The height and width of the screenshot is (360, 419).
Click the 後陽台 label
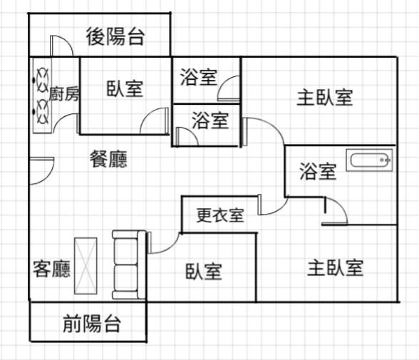click(115, 36)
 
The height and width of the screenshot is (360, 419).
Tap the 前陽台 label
click(92, 324)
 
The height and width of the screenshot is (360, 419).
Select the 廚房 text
click(64, 94)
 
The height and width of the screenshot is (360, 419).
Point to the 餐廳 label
click(108, 159)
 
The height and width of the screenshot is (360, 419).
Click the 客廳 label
click(51, 269)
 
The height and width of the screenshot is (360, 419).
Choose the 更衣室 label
click(220, 215)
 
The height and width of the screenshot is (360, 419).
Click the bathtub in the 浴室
click(370, 160)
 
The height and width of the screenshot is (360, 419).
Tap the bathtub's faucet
click(385, 160)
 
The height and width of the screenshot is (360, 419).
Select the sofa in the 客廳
click(129, 264)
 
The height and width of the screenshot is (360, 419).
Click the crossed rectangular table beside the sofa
click(86, 266)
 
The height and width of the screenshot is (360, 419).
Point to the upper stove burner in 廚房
click(43, 80)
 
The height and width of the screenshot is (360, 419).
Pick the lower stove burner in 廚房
click(43, 112)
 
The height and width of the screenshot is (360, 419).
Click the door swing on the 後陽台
click(61, 46)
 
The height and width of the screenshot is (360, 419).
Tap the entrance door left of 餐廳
click(42, 170)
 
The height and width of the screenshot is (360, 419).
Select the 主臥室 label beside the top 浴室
click(325, 98)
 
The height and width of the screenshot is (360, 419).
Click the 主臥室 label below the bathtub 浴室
click(336, 268)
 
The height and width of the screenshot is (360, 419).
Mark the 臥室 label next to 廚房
click(125, 88)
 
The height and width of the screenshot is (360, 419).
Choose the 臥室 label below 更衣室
click(204, 272)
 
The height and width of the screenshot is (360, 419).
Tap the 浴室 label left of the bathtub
click(318, 171)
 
